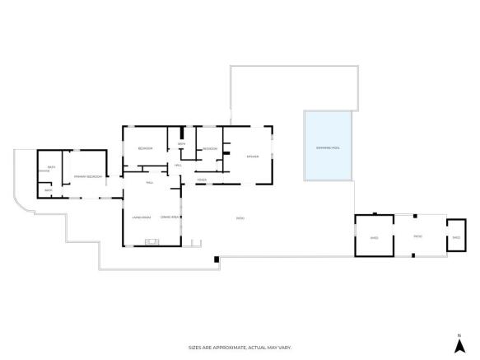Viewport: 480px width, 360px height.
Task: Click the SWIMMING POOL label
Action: (328, 147)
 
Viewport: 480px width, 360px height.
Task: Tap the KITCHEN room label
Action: (253, 157)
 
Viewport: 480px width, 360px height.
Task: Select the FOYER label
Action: (202, 179)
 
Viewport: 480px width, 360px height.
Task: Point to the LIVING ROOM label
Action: (141, 217)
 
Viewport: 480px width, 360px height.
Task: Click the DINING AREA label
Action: (170, 217)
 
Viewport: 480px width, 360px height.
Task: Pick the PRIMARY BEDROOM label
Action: (88, 176)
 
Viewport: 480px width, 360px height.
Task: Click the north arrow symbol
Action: (458, 337)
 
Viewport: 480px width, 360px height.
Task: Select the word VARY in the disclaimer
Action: (284, 348)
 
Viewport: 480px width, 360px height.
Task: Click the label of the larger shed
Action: (374, 237)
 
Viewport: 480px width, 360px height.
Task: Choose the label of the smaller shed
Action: (456, 237)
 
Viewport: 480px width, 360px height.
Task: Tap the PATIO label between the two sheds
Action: (417, 236)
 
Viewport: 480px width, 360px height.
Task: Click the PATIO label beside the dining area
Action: (240, 218)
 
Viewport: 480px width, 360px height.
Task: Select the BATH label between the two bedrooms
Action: (181, 144)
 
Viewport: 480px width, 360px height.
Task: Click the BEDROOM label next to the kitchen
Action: (210, 148)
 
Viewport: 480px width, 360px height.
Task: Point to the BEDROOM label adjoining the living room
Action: (146, 148)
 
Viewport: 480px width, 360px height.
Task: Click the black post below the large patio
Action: (216, 259)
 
